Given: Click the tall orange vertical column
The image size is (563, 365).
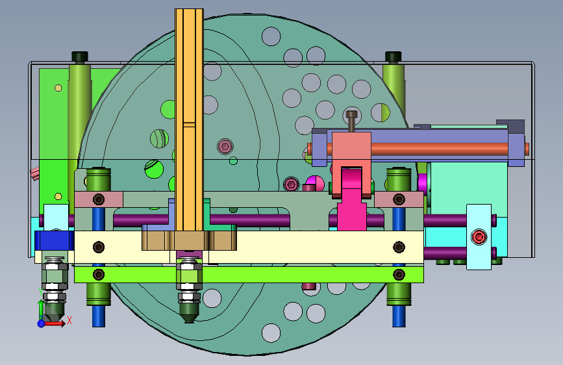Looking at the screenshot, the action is click(189, 120).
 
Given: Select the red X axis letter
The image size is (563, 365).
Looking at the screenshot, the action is click(69, 320).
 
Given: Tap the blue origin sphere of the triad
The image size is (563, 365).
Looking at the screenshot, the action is click(41, 323).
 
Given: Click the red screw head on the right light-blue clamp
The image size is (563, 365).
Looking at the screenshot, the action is click(479, 237).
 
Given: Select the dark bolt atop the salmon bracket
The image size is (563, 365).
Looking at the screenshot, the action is click(351, 121).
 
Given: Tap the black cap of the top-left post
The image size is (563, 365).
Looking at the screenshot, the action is click(80, 57).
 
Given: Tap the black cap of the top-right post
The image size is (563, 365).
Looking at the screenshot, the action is click(393, 57).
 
